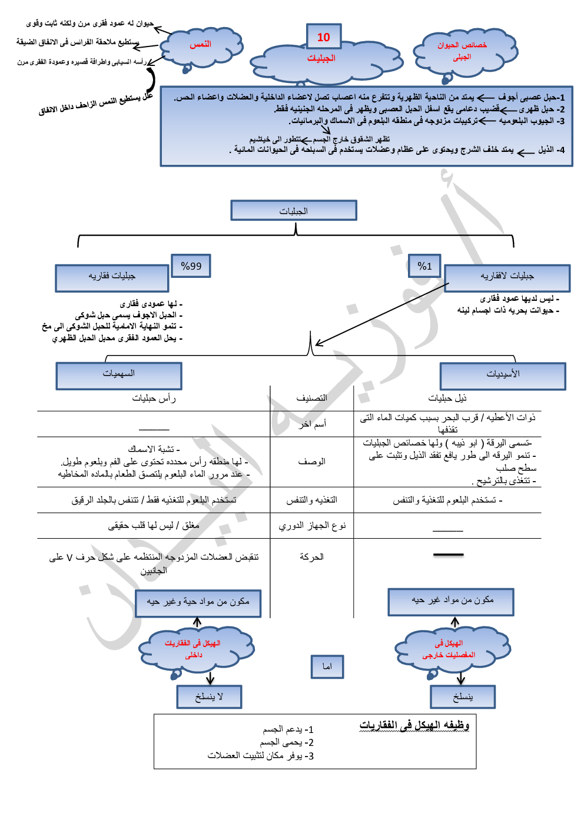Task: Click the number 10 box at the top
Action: pos(324,37)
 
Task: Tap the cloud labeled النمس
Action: pos(201,45)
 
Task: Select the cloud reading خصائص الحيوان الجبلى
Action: pos(462,51)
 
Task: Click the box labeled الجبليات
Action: pos(294,210)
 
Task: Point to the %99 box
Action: pos(191,266)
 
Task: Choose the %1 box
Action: pos(424,266)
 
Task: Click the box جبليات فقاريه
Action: pos(112,278)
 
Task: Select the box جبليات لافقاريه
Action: pos(507,278)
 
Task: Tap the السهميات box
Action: pos(119,376)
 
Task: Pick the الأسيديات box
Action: pos(503,376)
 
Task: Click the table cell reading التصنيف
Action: pos(311,399)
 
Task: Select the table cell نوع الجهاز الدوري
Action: pos(312,525)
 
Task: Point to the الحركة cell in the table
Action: pos(311,557)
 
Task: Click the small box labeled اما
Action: pos(327,666)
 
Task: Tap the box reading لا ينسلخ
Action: pos(209,697)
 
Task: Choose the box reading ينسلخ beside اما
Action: pos(463,697)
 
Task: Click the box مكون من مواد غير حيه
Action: pos(451,602)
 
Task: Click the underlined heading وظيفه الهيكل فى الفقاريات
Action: pos(414,725)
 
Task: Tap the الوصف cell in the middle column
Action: pos(311,462)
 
